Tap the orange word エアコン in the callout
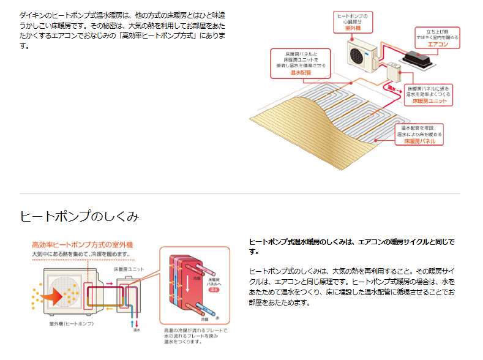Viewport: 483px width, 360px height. (x=438, y=45)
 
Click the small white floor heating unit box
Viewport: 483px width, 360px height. (x=392, y=73)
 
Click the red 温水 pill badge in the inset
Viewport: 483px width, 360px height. (x=214, y=291)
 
